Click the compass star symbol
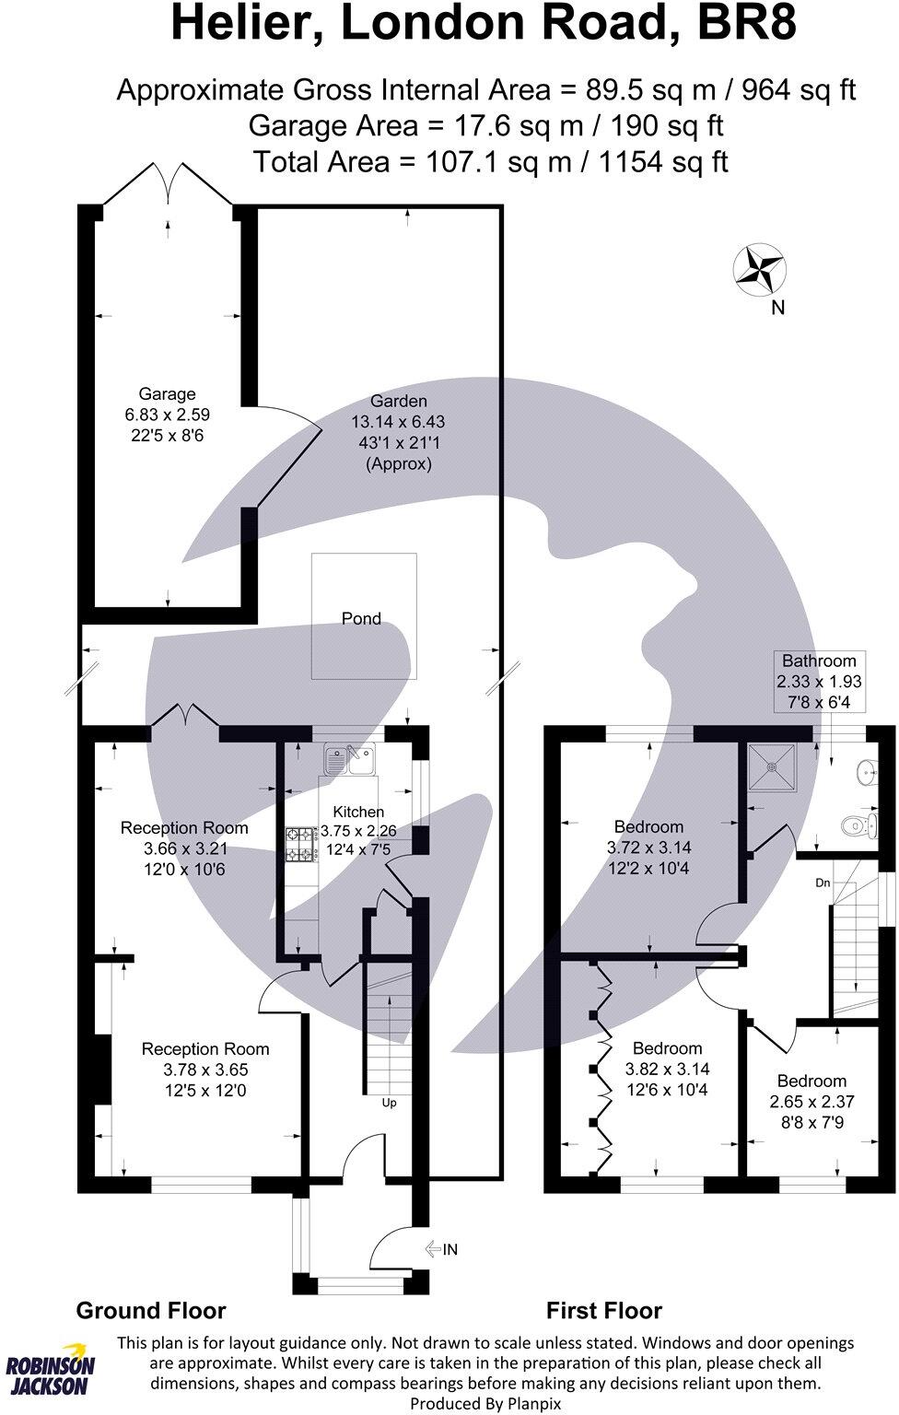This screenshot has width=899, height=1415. click(x=760, y=270)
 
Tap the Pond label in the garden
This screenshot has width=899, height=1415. click(x=361, y=619)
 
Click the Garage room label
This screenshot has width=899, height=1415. click(x=167, y=394)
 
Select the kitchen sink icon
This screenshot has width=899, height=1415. click(x=348, y=760)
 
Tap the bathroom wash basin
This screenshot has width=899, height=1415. click(x=866, y=770)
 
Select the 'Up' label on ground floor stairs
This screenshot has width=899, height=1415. click(x=389, y=1103)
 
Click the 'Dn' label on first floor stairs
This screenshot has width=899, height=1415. click(x=823, y=883)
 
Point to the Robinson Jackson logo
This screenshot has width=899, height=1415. click(x=51, y=1374)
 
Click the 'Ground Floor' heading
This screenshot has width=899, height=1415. click(x=151, y=1310)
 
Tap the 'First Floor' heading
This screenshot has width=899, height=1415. click(x=604, y=1310)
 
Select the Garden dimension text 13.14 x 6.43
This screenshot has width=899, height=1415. click(x=398, y=422)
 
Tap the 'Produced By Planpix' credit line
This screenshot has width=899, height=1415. click(x=485, y=1403)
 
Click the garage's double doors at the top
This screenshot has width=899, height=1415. click(x=168, y=184)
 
